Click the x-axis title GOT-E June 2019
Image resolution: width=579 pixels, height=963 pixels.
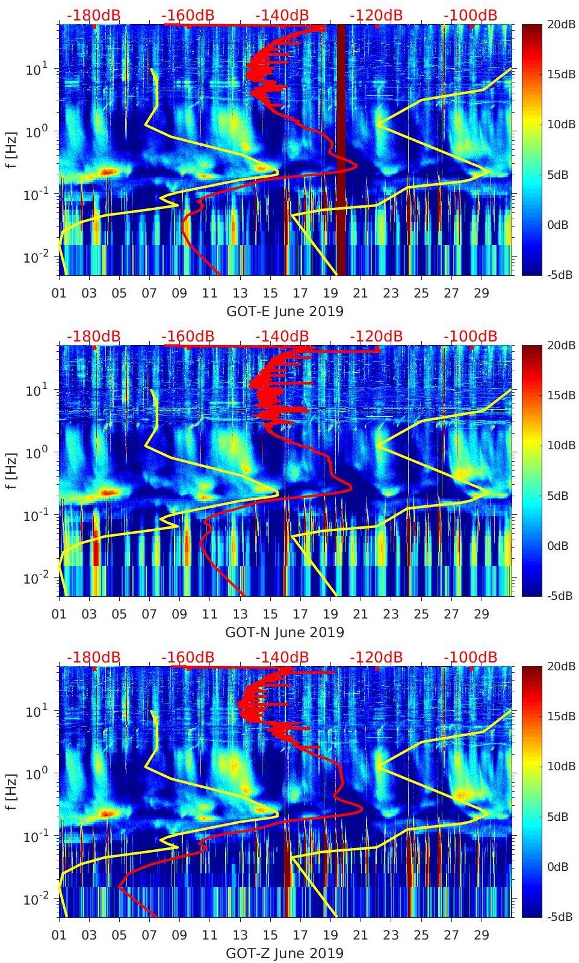pos(285,311)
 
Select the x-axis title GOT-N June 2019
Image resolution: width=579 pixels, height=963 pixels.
pos(285,632)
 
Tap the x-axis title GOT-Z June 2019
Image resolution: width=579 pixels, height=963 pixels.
pos(285,953)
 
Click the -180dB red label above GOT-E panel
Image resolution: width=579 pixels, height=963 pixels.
pos(93,15)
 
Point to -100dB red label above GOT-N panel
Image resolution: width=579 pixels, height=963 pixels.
pos(470,336)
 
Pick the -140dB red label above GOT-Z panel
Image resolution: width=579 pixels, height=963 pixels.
pos(282,657)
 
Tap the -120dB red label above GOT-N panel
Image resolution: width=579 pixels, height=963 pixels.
pos(376,336)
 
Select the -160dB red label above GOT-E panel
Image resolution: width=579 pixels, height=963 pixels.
pos(188,15)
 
